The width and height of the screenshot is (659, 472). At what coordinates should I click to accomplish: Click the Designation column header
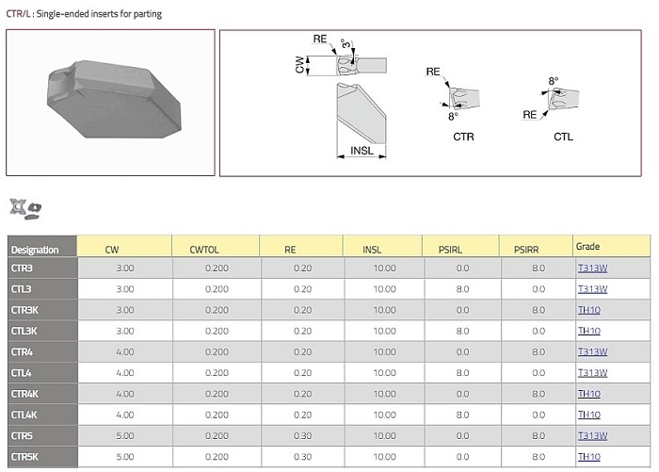click(35, 250)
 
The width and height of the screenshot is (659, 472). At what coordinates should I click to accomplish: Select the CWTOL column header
click(204, 250)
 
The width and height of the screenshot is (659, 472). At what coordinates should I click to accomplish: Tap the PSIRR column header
click(526, 250)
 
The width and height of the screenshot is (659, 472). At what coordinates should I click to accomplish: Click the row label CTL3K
click(24, 331)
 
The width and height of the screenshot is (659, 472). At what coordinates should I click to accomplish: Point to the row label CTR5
click(22, 436)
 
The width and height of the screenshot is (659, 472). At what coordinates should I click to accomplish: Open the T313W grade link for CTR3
click(592, 268)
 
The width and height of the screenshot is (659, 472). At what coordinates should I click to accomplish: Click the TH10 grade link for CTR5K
click(589, 456)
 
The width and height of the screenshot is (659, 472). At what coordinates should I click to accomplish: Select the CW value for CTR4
click(125, 351)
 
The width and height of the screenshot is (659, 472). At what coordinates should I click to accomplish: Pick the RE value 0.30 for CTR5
click(302, 436)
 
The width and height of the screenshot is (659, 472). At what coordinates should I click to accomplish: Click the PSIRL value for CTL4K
click(462, 415)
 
